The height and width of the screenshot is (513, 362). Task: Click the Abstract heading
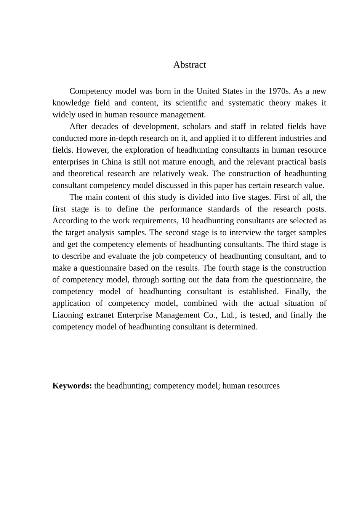coord(189,65)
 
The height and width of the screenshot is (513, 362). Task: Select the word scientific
coord(190,103)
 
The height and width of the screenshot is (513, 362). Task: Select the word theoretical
coord(85,174)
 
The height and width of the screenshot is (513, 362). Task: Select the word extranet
coord(100,315)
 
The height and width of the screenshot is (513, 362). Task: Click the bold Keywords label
coord(72,386)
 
